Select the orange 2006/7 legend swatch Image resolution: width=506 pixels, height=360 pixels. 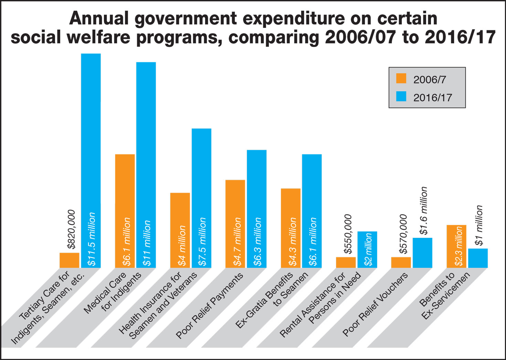tap(401, 79)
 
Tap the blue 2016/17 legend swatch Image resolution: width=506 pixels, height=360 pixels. tap(401, 97)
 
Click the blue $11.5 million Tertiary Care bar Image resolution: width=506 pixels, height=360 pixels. tap(91, 138)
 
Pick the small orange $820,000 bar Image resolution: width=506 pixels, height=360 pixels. tap(69, 260)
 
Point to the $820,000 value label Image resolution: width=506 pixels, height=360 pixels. tap(71, 229)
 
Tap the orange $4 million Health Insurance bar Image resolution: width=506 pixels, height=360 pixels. tap(180, 213)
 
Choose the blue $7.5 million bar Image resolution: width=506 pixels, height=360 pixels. tap(201, 172)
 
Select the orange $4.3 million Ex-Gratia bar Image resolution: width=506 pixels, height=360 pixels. tap(291, 210)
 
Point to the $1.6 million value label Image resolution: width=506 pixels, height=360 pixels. tap(424, 211)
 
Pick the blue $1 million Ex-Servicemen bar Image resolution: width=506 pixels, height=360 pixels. tap(478, 258)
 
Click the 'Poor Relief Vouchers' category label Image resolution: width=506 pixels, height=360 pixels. tap(375, 305)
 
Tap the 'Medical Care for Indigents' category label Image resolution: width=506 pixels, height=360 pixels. tap(112, 293)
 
